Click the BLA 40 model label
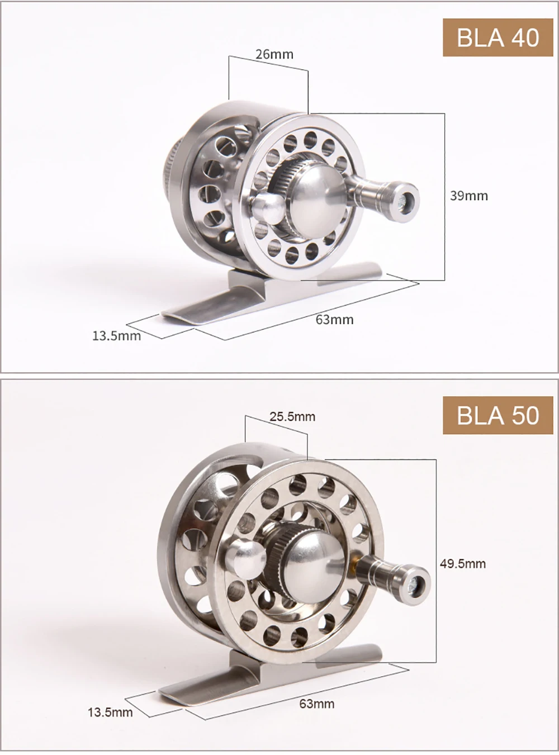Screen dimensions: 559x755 498,37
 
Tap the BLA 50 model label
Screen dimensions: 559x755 498,415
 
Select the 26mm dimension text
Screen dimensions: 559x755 274,54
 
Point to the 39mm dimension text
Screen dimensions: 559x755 469,196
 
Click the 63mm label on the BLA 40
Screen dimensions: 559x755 334,320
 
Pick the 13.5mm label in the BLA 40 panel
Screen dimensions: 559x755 116,336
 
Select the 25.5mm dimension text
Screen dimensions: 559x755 292,417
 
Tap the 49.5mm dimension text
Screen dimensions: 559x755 463,564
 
